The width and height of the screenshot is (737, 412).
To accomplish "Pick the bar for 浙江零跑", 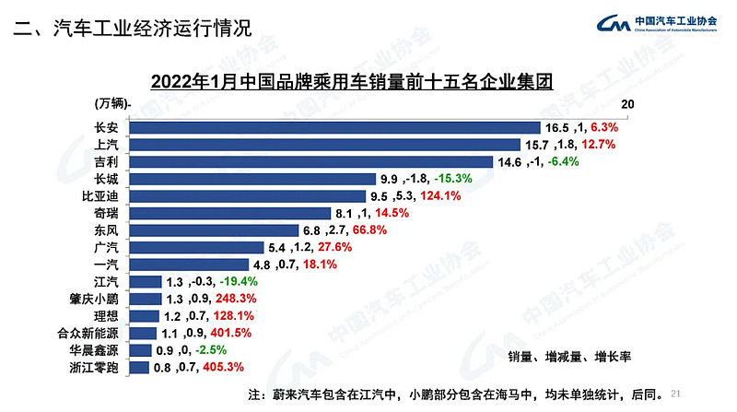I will [139, 368].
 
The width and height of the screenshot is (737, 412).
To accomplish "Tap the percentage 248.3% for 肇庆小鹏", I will [235, 300].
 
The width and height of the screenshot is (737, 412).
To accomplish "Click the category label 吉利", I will [105, 162].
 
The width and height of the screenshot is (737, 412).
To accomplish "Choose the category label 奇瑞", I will [105, 213].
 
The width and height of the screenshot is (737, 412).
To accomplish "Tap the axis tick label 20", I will [628, 105].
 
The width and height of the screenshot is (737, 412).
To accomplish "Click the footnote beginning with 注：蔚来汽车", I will [455, 394].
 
